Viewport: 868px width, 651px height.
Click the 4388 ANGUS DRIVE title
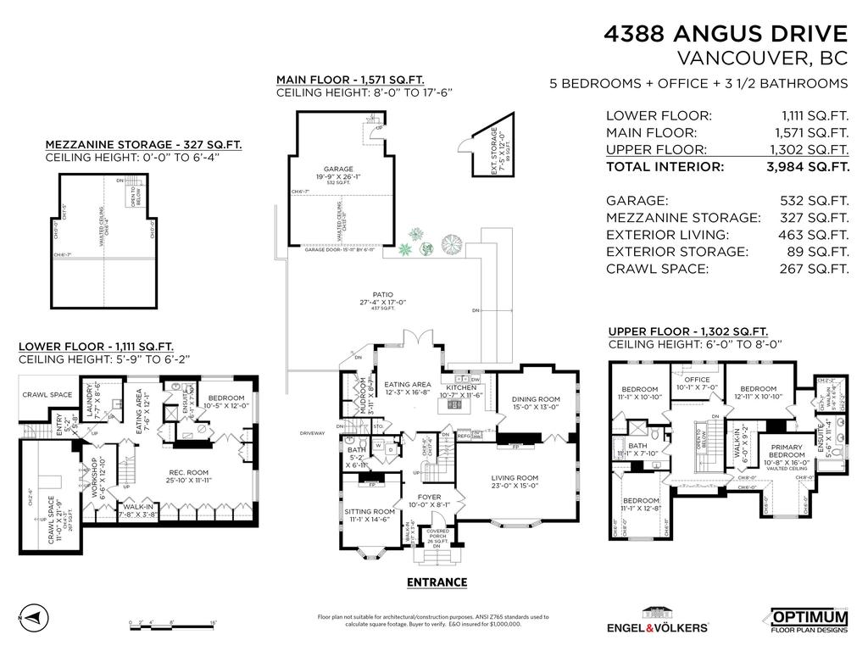point(725,34)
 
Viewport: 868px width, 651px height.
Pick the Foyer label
point(429,498)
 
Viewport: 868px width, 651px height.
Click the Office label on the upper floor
point(697,380)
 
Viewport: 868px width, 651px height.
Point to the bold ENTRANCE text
point(437,582)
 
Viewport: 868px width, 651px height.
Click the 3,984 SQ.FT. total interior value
point(807,167)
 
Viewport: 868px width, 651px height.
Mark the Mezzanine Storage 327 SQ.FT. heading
point(142,145)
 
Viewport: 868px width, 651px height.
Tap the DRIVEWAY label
point(313,433)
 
